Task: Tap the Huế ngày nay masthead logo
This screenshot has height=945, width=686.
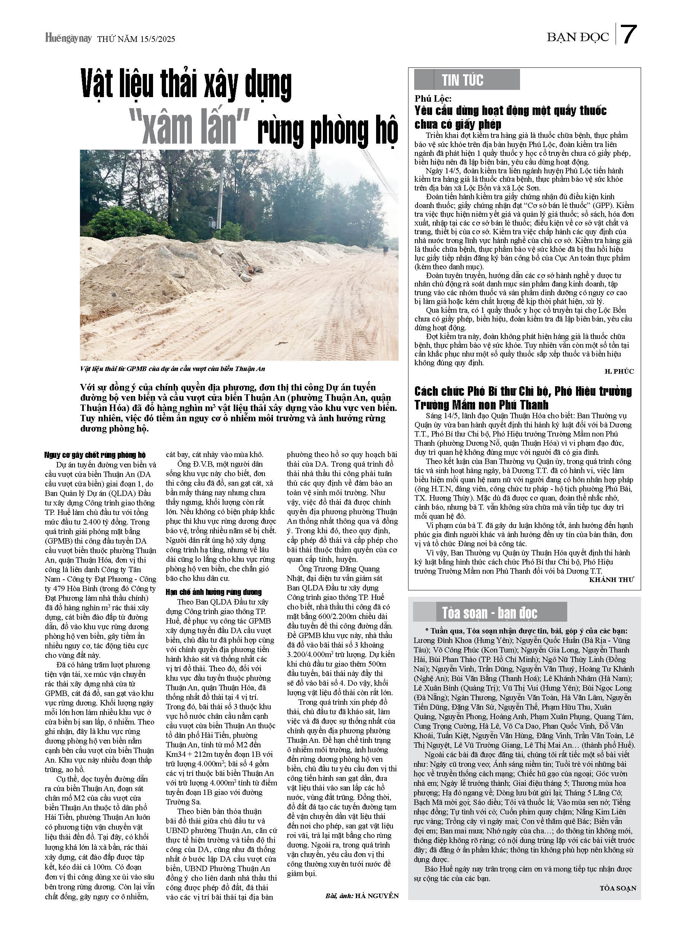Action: tap(68, 38)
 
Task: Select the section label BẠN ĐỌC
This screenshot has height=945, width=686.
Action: tap(578, 37)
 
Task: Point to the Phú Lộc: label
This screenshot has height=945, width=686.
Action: tap(433, 99)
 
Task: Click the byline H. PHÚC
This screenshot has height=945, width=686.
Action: tap(619, 371)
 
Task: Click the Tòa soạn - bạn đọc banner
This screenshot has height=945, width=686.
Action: tap(490, 613)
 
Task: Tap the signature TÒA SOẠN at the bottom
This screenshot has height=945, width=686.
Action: tap(618, 888)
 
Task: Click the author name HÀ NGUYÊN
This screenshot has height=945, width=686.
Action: tap(377, 895)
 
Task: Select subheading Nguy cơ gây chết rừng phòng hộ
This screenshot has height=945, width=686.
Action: tap(95, 455)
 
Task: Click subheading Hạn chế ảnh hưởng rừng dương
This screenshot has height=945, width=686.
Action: tap(214, 592)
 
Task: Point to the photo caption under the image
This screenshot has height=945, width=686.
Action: tap(172, 369)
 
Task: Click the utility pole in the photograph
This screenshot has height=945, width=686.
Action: tap(217, 196)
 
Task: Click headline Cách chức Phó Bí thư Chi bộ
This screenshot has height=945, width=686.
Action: tap(523, 398)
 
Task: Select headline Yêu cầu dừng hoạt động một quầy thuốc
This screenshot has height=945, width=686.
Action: tap(510, 117)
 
